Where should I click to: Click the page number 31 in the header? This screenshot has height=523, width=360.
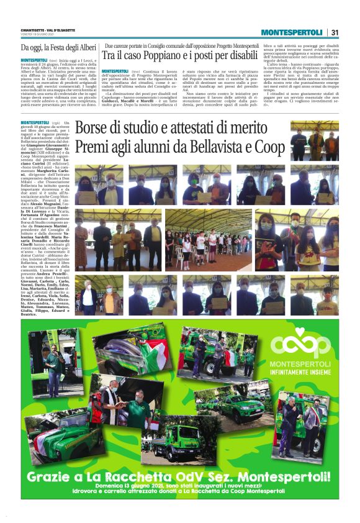click(335, 32)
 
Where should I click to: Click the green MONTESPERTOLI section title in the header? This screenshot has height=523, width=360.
click(291, 32)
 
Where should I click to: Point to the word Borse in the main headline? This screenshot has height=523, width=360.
click(94, 129)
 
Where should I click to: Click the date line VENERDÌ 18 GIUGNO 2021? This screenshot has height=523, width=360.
click(37, 34)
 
